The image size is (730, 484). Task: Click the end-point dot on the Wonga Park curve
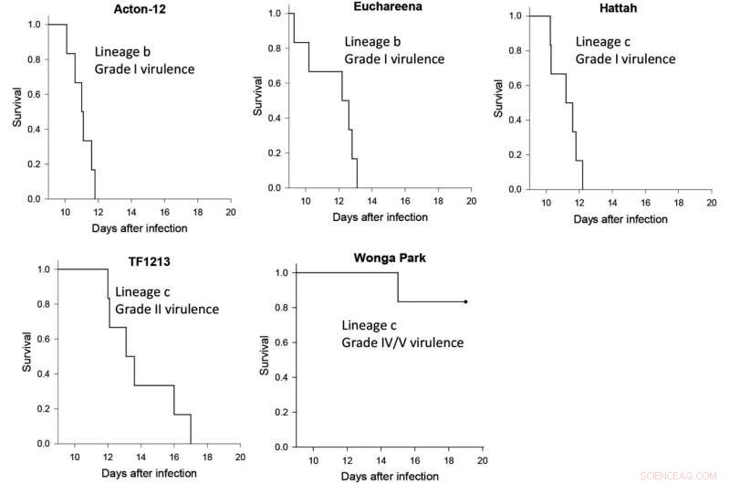(x=465, y=301)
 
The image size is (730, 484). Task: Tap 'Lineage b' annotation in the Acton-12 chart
(x=124, y=53)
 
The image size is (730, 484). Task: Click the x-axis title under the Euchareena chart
(x=380, y=217)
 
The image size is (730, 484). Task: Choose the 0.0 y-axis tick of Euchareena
(x=273, y=187)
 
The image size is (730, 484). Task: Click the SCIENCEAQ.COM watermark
(x=688, y=475)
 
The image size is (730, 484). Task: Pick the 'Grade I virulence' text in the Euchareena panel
(x=394, y=59)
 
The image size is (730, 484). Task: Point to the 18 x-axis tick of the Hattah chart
(x=676, y=203)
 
